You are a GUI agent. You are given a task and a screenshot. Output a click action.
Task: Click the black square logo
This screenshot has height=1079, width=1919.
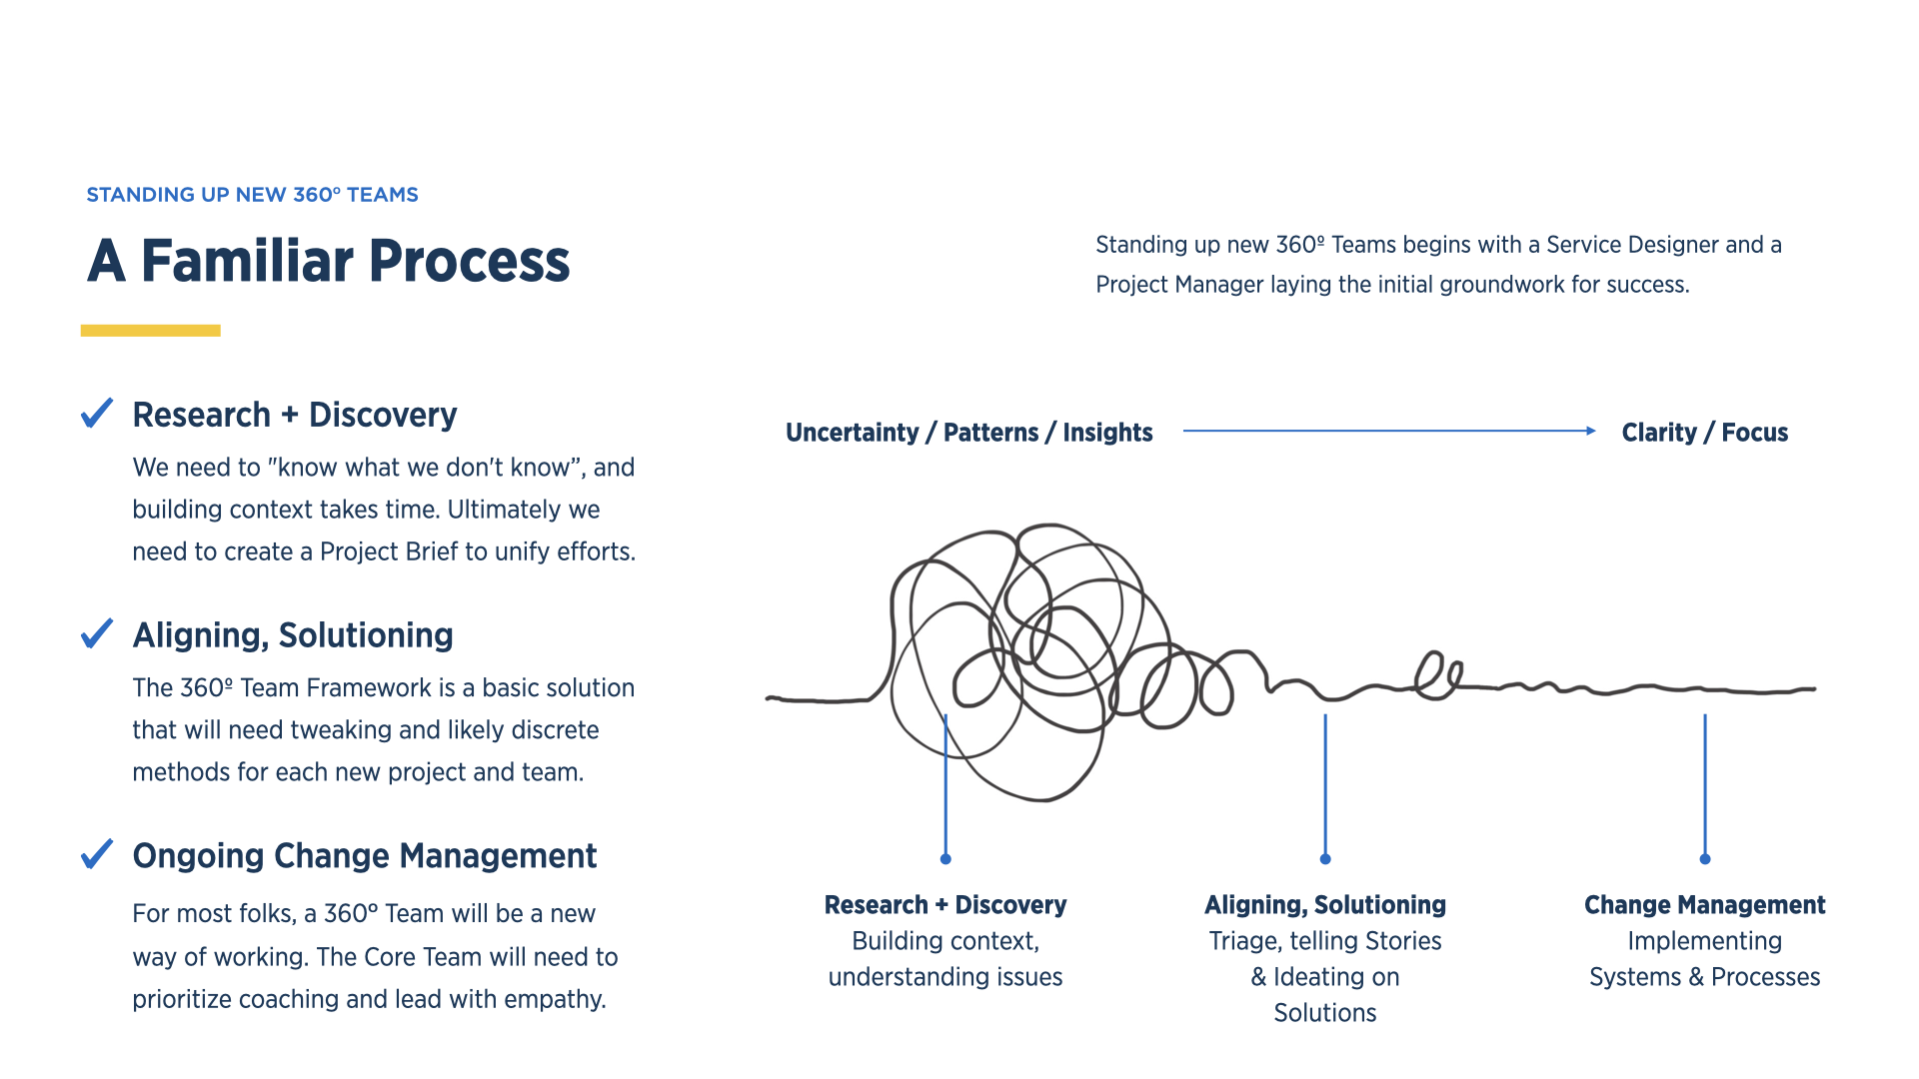[109, 98]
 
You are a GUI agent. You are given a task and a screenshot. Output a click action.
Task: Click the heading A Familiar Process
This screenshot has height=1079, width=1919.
[328, 261]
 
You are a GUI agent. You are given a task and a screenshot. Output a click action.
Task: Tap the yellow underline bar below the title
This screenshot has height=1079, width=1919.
[151, 331]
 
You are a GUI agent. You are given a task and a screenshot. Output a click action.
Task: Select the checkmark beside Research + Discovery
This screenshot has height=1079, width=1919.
[97, 413]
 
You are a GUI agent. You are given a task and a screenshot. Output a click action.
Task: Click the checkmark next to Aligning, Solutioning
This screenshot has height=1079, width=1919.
[97, 633]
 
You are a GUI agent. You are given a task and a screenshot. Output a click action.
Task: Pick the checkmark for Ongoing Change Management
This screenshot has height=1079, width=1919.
[97, 854]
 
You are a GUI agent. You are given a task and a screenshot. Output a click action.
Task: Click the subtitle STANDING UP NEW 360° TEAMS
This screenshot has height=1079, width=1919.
[252, 195]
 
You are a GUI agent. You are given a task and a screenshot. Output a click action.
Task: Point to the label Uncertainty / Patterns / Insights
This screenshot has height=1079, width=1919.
[968, 433]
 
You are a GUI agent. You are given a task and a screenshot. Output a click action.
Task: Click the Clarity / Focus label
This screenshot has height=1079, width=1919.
[1704, 433]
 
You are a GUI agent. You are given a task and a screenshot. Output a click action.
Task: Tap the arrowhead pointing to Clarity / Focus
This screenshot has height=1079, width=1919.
[1591, 431]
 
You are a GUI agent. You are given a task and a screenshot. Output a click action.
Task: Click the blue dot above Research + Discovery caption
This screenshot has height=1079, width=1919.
[946, 859]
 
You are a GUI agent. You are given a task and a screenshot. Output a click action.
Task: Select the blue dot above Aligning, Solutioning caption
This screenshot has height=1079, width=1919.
[1325, 859]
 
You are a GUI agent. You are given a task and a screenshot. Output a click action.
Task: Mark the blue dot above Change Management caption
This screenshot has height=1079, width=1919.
[1705, 859]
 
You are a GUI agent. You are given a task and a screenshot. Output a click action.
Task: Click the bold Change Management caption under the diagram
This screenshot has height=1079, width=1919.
[1704, 905]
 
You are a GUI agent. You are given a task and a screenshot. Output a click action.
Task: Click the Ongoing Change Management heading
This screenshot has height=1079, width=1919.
[364, 856]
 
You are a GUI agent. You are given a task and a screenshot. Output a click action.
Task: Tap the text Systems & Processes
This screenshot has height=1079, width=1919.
[1704, 977]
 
